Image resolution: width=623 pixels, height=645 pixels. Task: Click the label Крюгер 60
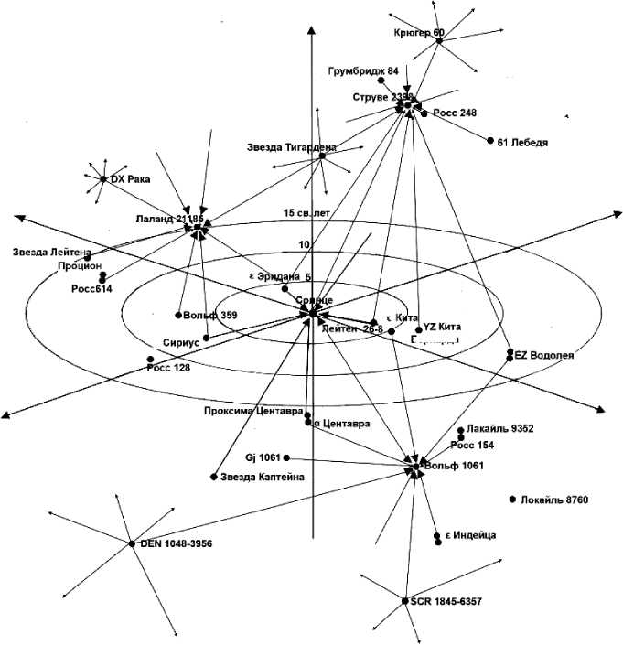tap(419, 33)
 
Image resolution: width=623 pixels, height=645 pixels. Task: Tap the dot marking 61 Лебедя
tap(489, 141)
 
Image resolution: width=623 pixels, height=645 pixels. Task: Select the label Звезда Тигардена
tap(291, 146)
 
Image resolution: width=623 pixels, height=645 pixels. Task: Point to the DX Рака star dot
tap(103, 179)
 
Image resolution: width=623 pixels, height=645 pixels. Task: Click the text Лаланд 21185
tap(169, 219)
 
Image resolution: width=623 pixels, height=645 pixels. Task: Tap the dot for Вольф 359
tap(178, 316)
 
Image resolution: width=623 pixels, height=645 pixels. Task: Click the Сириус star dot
tap(206, 338)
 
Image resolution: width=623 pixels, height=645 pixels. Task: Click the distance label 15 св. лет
tap(306, 213)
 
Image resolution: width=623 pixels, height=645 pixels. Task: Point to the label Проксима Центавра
tap(253, 411)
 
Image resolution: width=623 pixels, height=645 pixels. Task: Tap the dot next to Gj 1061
tap(287, 457)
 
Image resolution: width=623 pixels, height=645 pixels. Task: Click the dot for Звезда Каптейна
tap(214, 477)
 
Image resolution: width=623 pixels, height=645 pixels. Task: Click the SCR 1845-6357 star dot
tap(403, 601)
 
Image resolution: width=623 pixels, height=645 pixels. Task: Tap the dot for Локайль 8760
tap(511, 500)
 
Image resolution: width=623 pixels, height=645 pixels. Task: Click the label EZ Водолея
tap(544, 355)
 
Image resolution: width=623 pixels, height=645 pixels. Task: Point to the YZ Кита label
tap(442, 327)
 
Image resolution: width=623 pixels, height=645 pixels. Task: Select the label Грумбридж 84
tap(362, 70)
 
